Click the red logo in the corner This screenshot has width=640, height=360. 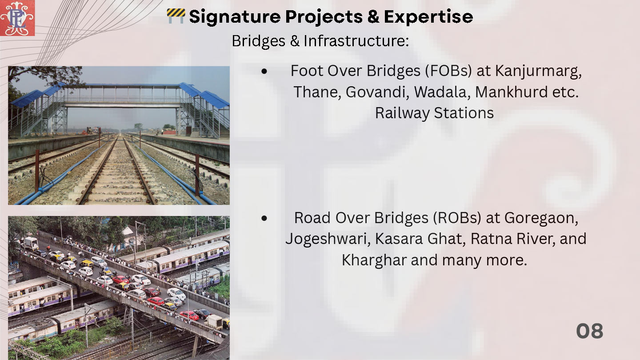(17, 18)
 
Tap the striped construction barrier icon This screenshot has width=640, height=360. (176, 16)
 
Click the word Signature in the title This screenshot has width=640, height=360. (235, 17)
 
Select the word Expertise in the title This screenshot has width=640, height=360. (428, 17)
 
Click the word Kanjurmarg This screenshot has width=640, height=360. (538, 71)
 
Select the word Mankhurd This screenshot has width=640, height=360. (511, 92)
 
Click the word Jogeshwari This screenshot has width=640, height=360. (328, 240)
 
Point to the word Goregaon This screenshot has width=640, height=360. (541, 218)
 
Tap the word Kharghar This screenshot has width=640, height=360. (374, 260)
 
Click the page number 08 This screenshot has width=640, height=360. (589, 331)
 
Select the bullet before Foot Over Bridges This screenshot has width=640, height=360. (264, 71)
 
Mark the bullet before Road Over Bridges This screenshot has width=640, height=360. (264, 218)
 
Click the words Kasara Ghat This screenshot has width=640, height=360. (420, 239)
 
